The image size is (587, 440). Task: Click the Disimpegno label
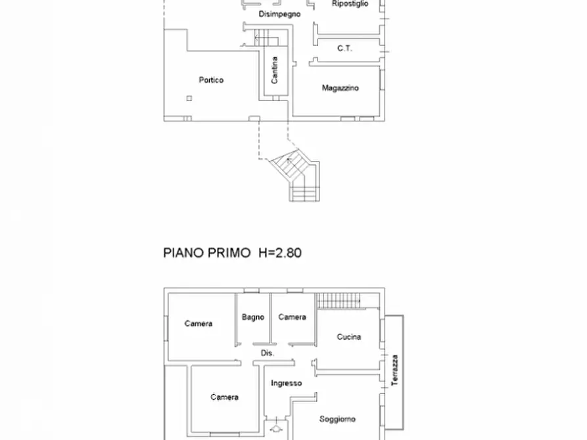tap(279, 14)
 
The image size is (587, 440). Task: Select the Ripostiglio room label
tap(350, 4)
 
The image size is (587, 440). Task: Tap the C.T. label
tap(344, 48)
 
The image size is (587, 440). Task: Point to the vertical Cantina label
tap(275, 70)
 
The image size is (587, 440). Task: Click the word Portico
tap(211, 80)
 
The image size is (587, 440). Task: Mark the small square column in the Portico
tap(189, 99)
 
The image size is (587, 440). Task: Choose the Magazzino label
tap(340, 88)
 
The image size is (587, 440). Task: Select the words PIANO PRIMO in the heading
tap(206, 253)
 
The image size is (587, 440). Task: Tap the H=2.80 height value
tap(279, 253)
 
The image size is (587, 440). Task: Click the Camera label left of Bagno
tap(198, 324)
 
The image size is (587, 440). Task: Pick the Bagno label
tap(253, 317)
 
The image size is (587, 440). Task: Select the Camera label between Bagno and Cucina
tap(292, 317)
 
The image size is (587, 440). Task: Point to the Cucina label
tap(348, 337)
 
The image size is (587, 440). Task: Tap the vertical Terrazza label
tap(394, 370)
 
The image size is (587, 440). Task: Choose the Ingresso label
tap(287, 384)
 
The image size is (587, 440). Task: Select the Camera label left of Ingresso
tap(224, 397)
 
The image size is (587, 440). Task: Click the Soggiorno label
tap(337, 419)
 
